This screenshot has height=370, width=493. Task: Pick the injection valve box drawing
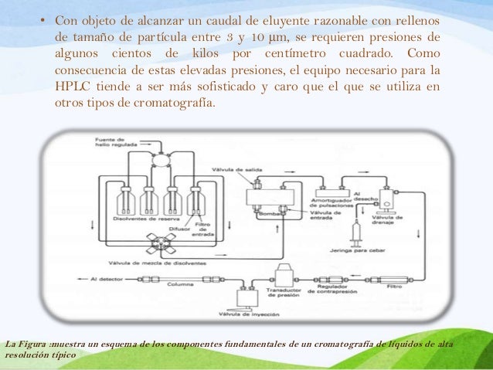point(249,297)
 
